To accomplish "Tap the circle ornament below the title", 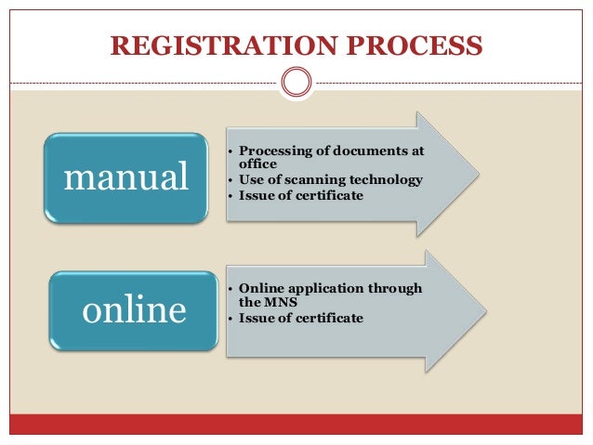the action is (x=296, y=82).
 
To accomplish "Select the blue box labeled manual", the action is (x=126, y=177).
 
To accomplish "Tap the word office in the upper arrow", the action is (x=258, y=164).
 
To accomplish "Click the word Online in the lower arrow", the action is (x=261, y=288).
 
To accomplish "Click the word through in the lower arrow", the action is (x=397, y=288).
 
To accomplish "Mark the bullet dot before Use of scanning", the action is (x=230, y=179).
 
